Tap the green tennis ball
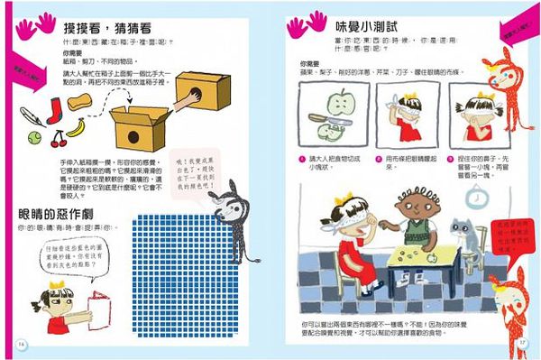[33, 138]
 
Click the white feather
[29, 116]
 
